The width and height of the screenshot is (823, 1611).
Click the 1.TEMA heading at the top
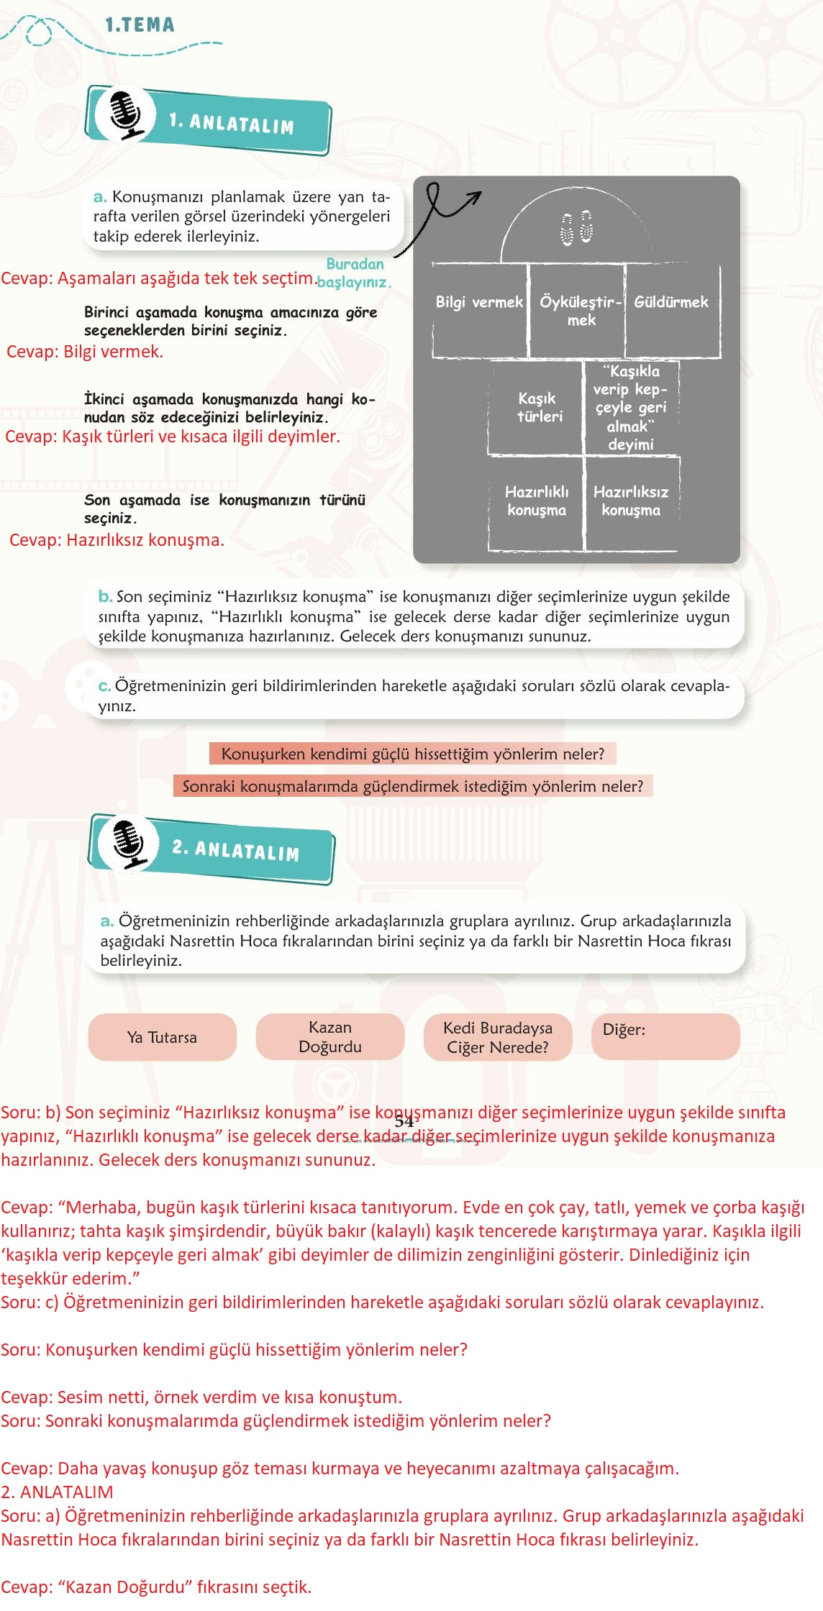(140, 25)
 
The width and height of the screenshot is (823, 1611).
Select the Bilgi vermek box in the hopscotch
(479, 310)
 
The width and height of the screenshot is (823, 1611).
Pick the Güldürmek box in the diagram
(671, 310)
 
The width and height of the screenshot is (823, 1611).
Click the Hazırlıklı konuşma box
(537, 501)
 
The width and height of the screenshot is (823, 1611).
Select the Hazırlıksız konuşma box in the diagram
(631, 501)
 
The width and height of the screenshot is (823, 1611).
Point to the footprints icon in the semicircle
(576, 228)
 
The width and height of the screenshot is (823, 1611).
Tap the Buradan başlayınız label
(355, 273)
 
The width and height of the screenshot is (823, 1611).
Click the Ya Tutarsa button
(162, 1037)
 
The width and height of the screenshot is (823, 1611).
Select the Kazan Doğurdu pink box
(330, 1037)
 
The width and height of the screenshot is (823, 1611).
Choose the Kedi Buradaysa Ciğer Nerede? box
(498, 1037)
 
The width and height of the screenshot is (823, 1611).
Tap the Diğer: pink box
(665, 1037)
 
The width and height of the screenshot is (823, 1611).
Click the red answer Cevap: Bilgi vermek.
(85, 352)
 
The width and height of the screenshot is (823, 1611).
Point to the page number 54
(404, 1121)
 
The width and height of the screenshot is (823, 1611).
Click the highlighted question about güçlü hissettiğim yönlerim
(413, 754)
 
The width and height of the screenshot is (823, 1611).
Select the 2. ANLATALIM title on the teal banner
(236, 850)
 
